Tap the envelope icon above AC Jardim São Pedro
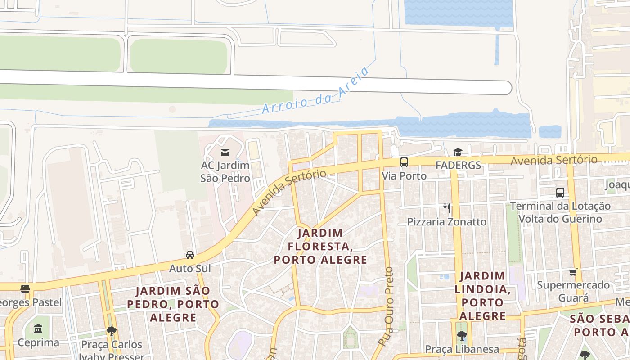[x=225, y=153]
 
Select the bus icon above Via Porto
[x=404, y=162]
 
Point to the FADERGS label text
[x=458, y=165]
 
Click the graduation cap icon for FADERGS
[x=458, y=153]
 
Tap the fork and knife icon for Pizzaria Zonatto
[x=446, y=208]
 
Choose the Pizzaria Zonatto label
[x=446, y=222]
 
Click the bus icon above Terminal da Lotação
[x=560, y=193]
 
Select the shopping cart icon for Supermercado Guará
[x=573, y=272]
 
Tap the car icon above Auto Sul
[x=190, y=255]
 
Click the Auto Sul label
[x=190, y=269]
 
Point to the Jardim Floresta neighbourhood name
[x=320, y=246]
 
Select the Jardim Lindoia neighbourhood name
[x=482, y=295]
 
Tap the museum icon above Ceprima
[x=38, y=328]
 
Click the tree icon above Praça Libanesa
[x=462, y=335]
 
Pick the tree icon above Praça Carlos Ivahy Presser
[x=112, y=332]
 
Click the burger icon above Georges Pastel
[x=25, y=289]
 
